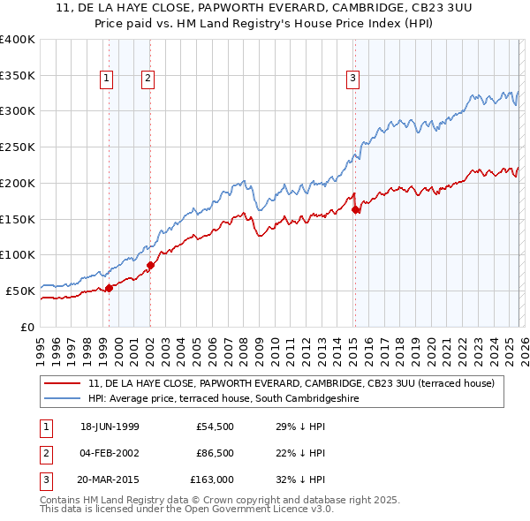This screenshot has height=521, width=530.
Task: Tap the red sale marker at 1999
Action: pyautogui.click(x=110, y=287)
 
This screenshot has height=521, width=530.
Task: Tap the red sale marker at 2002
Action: pyautogui.click(x=150, y=264)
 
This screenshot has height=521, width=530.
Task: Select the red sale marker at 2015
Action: pyautogui.click(x=355, y=209)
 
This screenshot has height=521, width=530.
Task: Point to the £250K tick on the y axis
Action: pyautogui.click(x=17, y=147)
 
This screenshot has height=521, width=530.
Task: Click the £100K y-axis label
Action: pyautogui.click(x=17, y=254)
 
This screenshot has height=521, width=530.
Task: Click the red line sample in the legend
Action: pyautogui.click(x=64, y=383)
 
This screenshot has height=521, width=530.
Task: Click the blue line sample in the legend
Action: pyautogui.click(x=64, y=398)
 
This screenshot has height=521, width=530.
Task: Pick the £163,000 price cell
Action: pyautogui.click(x=213, y=479)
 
